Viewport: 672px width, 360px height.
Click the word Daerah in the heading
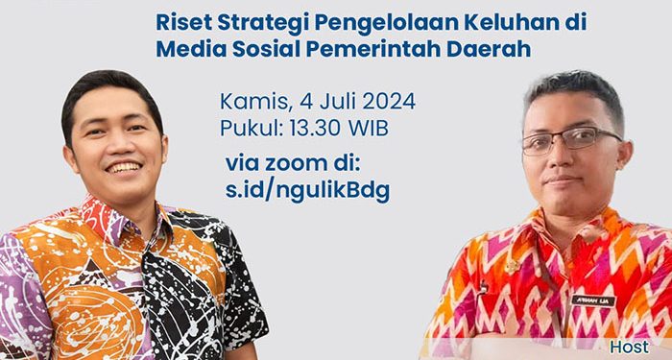pos(492,49)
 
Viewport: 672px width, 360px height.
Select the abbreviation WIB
pos(372,126)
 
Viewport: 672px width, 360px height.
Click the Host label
pos(630,346)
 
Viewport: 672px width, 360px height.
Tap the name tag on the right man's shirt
pos(593,300)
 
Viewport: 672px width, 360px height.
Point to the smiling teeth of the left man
pos(123,167)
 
